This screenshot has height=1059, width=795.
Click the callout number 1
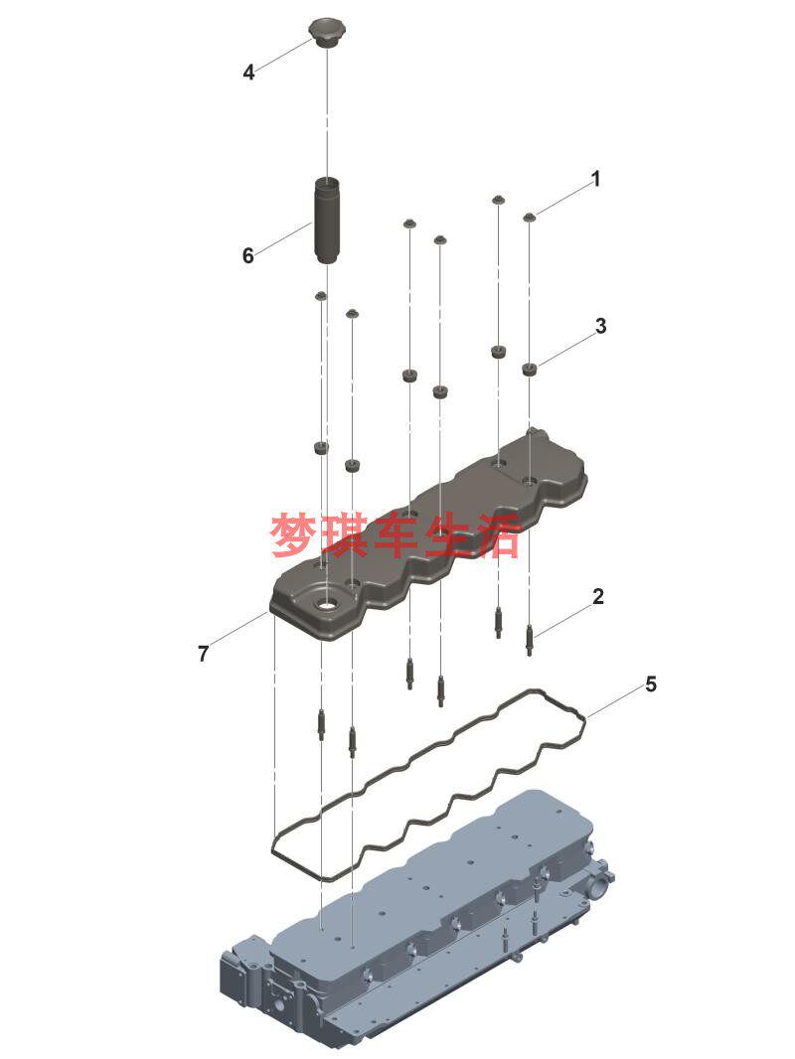pos(596,179)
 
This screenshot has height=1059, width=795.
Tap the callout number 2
pos(597,597)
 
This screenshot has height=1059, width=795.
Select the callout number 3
pos(601,325)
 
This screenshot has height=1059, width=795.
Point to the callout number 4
pos(248,73)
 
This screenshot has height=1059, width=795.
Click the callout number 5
pos(651,684)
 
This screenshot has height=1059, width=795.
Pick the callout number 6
pos(248,255)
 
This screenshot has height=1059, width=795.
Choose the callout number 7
pos(203,654)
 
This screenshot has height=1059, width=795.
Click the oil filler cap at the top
pos(327,30)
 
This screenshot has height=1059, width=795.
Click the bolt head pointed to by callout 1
pos(530,216)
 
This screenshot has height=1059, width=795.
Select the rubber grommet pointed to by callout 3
pos(531,371)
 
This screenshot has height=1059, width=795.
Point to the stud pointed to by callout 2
pos(530,639)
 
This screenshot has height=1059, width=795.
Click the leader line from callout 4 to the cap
pos(284,55)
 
